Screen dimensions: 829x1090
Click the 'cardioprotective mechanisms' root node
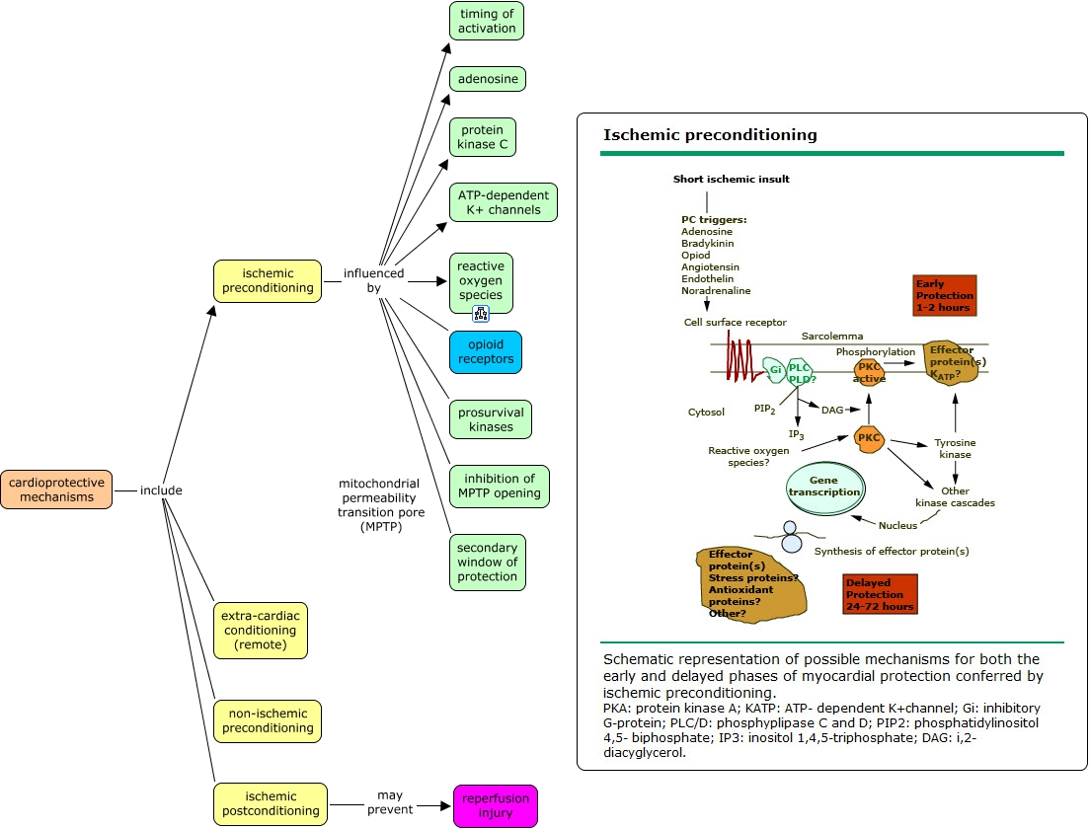[x=56, y=490]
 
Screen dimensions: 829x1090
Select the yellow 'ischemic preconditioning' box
[x=268, y=281]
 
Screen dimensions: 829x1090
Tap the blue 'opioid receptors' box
[x=486, y=352]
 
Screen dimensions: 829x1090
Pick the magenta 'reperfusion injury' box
[x=496, y=805]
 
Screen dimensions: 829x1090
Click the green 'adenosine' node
[x=487, y=79]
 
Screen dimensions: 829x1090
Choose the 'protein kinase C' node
[x=482, y=137]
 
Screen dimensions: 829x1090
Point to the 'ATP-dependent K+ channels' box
[x=503, y=202]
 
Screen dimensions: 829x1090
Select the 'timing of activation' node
[x=487, y=21]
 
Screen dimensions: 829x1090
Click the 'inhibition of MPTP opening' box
[x=500, y=487]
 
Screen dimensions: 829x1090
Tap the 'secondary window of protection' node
[x=488, y=563]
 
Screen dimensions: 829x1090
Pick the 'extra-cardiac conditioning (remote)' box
[x=261, y=631]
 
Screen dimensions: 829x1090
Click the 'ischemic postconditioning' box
[x=271, y=804]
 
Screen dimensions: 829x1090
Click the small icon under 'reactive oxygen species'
[x=481, y=315]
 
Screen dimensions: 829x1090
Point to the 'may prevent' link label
[x=390, y=802]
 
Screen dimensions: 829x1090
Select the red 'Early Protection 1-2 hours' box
[x=945, y=296]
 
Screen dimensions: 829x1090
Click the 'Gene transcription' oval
[x=824, y=487]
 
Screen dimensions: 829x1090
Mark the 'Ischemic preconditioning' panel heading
[x=710, y=135]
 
